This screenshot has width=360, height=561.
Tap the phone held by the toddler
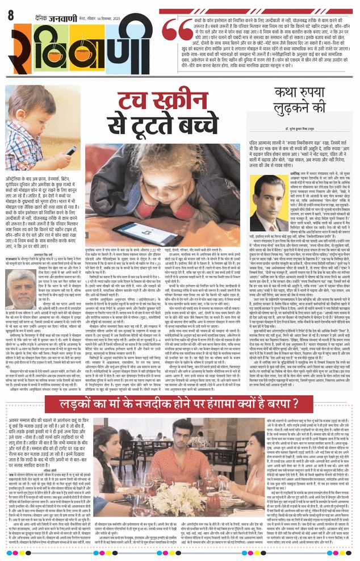70,150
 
